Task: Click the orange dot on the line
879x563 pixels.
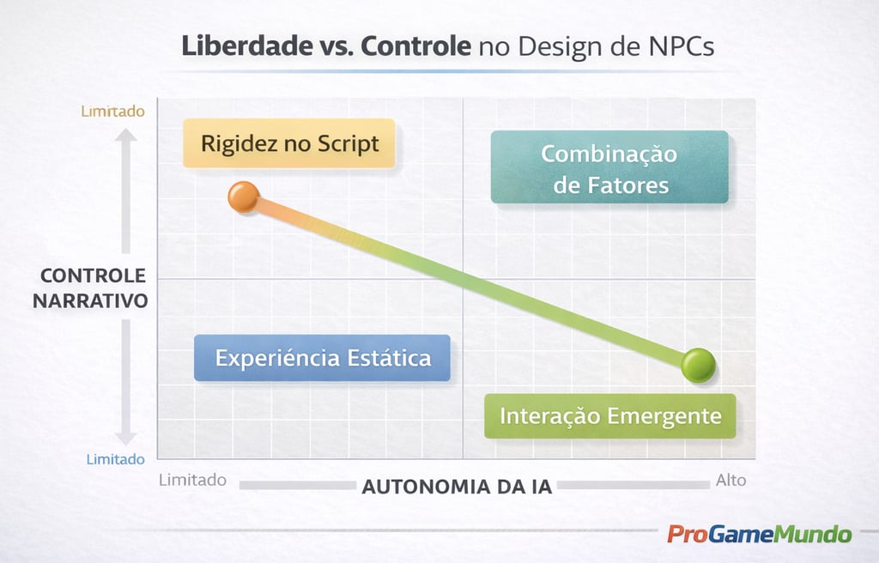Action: tap(244, 197)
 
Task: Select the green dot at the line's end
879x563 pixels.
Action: tap(698, 366)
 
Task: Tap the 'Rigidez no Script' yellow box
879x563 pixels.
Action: tap(289, 143)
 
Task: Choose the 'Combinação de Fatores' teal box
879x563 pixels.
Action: tap(609, 167)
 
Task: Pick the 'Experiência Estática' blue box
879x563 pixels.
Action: tap(323, 357)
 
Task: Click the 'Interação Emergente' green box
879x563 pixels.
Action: tap(610, 416)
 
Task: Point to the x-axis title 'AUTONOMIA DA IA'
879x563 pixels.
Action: tap(457, 487)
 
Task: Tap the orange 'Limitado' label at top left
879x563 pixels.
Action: tap(113, 111)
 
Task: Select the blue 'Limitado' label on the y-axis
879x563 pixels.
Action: tap(116, 459)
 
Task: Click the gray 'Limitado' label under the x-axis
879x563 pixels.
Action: tap(192, 480)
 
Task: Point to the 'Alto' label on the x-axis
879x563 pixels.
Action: tap(731, 480)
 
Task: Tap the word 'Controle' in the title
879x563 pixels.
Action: tap(415, 46)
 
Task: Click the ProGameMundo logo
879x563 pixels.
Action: tap(760, 534)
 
